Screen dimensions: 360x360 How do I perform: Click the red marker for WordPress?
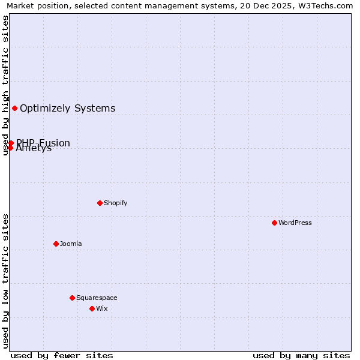[x=274, y=223]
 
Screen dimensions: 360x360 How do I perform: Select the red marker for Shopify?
[x=100, y=203]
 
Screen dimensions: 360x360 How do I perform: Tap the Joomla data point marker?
[x=56, y=244]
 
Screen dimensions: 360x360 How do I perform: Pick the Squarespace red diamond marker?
[x=72, y=298]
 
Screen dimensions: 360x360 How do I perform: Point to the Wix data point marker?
[x=92, y=308]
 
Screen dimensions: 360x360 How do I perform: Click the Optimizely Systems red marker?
[x=14, y=108]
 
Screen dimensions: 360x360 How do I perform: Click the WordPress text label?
[x=295, y=223]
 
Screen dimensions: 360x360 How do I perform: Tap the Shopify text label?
[x=115, y=203]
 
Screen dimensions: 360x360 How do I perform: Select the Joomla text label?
[x=70, y=244]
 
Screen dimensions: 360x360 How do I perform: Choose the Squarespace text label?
[x=97, y=298]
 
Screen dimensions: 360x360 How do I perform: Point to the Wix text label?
[x=101, y=308]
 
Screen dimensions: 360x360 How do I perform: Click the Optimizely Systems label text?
[x=67, y=108]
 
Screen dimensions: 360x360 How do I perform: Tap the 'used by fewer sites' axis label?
[x=62, y=355]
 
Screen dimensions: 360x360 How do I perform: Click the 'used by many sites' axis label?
[x=301, y=355]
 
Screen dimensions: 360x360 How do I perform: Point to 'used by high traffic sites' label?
[x=5, y=85]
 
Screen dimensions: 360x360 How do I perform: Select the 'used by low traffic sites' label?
[x=5, y=281]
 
